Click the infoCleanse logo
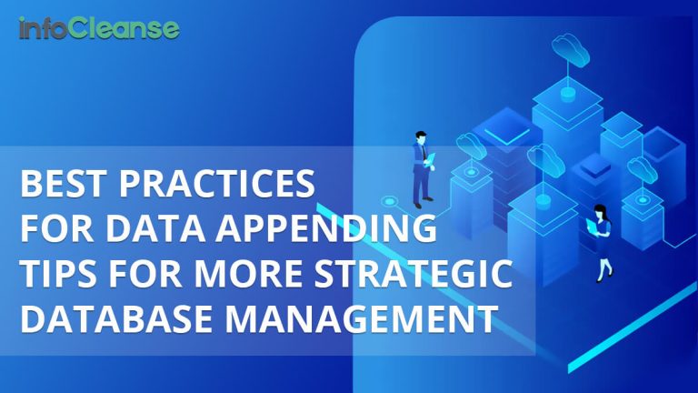99,28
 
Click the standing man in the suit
422,168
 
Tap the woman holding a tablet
603,239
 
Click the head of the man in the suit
421,136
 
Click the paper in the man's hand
433,162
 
